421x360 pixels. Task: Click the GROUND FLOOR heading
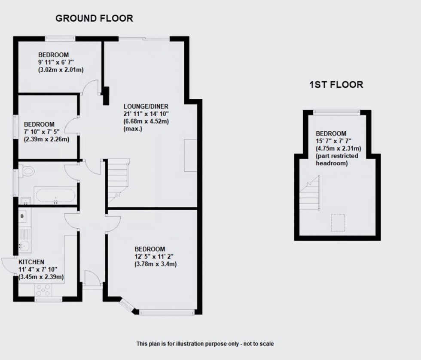[94, 18]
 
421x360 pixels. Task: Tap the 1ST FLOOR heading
[336, 85]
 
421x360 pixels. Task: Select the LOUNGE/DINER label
[146, 106]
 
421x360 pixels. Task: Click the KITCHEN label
[31, 262]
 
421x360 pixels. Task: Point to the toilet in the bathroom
[26, 171]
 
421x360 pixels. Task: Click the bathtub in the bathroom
[55, 196]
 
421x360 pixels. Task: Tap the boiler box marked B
[22, 216]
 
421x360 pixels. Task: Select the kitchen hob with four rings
[43, 290]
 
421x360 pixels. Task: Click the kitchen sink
[24, 245]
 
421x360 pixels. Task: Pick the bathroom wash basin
[25, 201]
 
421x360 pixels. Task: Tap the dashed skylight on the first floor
[338, 223]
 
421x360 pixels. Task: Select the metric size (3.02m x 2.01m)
[61, 70]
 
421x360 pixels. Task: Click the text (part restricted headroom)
[337, 159]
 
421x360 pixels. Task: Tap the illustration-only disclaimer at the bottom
[205, 344]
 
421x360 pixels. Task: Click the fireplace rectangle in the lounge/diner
[190, 155]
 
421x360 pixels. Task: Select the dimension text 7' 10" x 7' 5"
[42, 132]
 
